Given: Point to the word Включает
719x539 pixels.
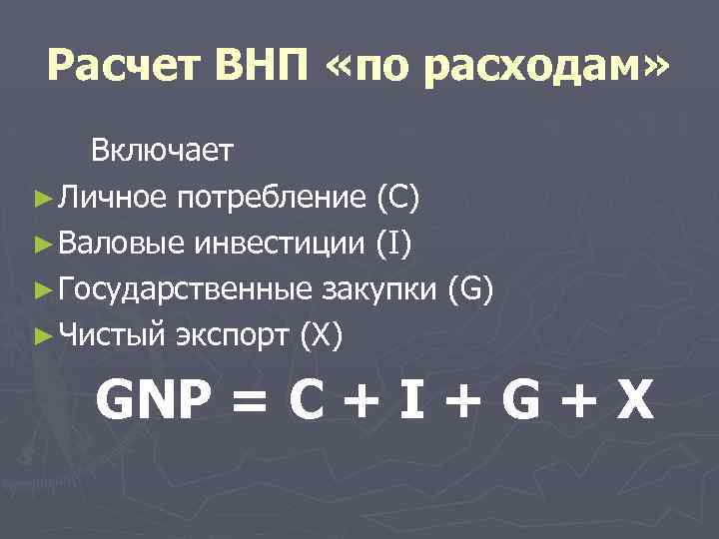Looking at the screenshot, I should (162, 151).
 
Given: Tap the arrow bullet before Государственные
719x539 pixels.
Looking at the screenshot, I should (41, 291).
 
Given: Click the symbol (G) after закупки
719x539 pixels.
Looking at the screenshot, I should (468, 291).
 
